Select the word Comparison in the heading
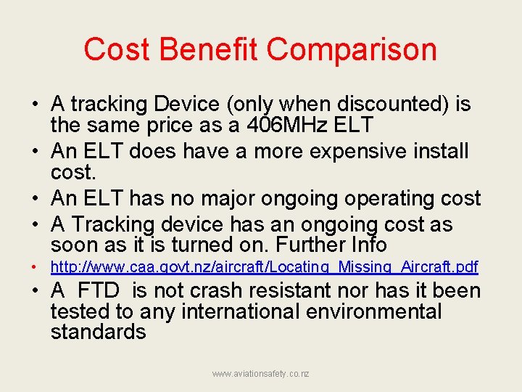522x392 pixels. (x=352, y=50)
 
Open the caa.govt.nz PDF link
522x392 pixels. (x=264, y=267)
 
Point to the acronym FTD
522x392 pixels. (x=99, y=291)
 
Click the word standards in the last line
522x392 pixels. (x=98, y=332)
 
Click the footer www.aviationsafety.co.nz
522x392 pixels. (x=260, y=373)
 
